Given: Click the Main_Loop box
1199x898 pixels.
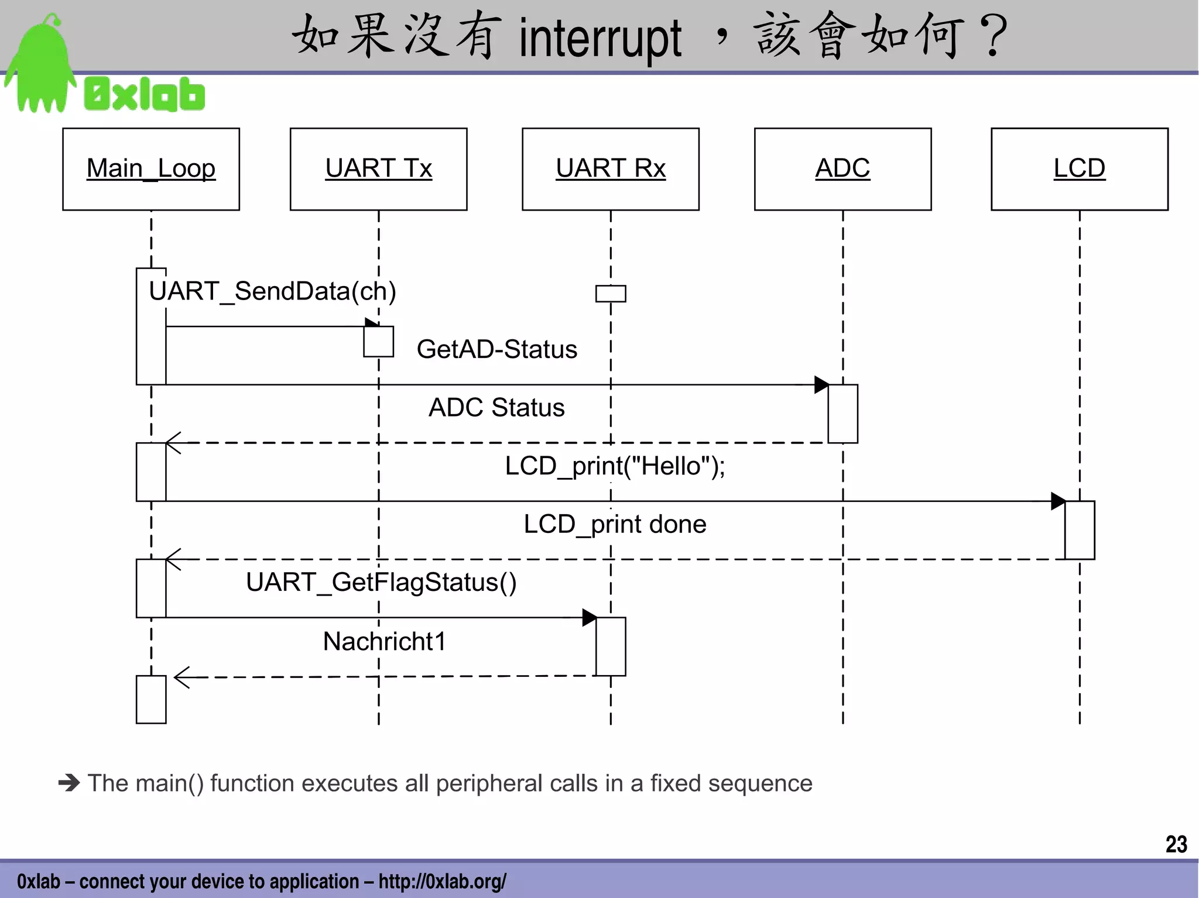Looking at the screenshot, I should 151,169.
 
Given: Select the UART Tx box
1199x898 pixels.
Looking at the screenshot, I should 378,169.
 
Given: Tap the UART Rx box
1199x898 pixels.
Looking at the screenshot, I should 611,169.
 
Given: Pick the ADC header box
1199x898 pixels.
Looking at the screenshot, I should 842,169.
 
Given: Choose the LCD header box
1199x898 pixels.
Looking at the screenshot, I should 1079,169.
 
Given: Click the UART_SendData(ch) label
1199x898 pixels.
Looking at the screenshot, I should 272,291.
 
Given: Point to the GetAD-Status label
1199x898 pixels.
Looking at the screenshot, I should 496,349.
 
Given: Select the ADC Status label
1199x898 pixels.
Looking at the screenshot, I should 496,408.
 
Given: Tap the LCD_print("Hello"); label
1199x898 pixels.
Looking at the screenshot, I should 615,466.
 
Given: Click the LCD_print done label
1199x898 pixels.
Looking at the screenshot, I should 615,524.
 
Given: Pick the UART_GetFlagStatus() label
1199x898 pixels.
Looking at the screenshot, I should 381,583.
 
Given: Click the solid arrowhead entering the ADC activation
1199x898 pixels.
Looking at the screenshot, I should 821,385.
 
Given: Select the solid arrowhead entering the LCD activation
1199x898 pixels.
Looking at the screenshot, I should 1057,501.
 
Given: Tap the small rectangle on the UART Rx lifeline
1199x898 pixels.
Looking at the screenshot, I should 611,294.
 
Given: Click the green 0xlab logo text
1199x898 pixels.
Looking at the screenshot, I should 145,94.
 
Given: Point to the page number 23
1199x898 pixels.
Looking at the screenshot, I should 1176,844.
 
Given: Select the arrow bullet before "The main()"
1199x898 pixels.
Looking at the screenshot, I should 69,783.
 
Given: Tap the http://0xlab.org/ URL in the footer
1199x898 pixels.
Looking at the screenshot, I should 442,881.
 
